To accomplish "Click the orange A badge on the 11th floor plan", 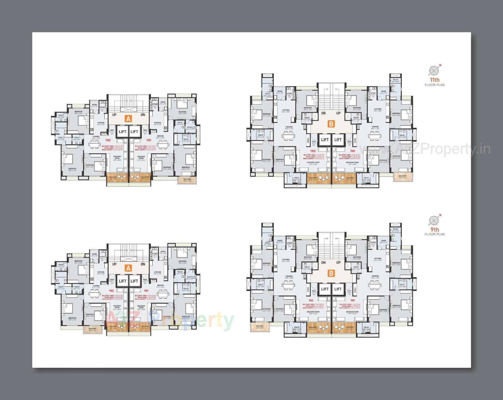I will click(128, 119).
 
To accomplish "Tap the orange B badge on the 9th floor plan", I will click(331, 273).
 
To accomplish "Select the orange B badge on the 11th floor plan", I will click(331, 124).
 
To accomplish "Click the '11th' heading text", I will click(435, 80).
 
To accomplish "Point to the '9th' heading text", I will click(435, 229).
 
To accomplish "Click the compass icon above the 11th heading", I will click(434, 71).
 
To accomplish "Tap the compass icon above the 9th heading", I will click(434, 220).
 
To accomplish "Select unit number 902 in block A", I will click(112, 291).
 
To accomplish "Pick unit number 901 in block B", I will click(353, 300).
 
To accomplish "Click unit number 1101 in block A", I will click(149, 140).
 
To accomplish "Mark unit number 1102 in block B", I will click(313, 151).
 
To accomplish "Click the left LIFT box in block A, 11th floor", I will click(123, 131).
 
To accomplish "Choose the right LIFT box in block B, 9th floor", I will click(338, 289).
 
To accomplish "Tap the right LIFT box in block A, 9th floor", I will click(134, 281).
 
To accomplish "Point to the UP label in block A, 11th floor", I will click(114, 115).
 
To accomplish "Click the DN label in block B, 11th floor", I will click(324, 113).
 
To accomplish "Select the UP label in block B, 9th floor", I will click(338, 262).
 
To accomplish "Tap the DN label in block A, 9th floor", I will click(143, 264).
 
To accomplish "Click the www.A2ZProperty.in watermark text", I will click(424, 149).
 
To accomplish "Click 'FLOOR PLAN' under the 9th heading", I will click(435, 234).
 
